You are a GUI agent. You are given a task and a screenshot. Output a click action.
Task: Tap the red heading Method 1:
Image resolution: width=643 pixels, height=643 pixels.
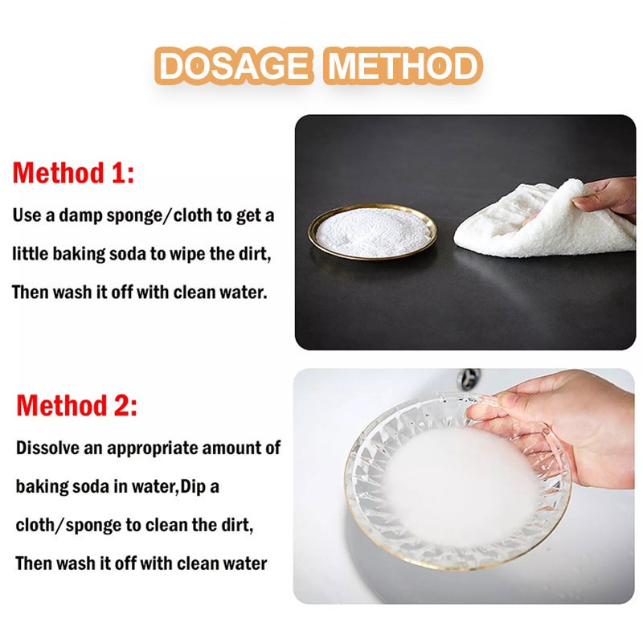(73, 173)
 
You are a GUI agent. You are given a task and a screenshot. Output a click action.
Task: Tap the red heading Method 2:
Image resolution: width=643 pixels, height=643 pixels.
(76, 406)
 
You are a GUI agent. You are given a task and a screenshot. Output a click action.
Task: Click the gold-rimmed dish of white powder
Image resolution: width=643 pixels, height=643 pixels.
(372, 231)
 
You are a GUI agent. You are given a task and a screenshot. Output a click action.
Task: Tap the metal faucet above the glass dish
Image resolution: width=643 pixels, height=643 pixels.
(469, 379)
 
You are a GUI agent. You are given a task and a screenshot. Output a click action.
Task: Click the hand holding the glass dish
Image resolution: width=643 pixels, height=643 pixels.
(566, 427)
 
